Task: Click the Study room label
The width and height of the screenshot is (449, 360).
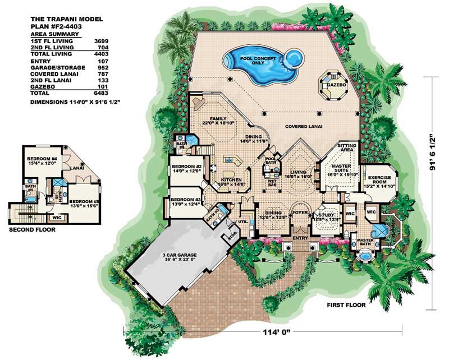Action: (327, 214)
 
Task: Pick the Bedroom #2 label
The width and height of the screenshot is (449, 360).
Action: (186, 168)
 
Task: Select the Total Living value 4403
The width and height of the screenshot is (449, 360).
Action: (101, 53)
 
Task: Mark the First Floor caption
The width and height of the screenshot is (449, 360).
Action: (346, 306)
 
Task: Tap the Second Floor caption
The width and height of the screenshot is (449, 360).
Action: (31, 229)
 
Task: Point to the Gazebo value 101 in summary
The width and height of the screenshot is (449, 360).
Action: (102, 88)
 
